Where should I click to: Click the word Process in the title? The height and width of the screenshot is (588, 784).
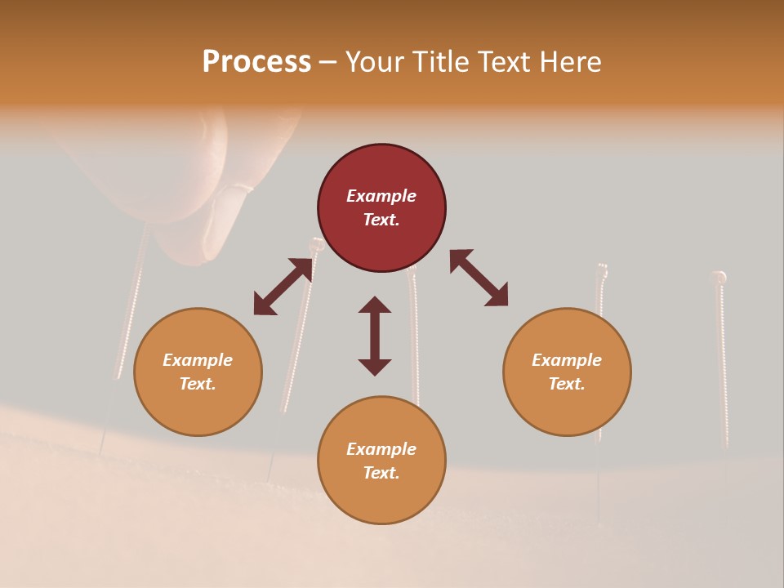click(x=256, y=62)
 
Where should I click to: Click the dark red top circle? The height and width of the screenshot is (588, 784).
click(x=381, y=207)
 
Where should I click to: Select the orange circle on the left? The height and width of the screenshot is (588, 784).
click(x=198, y=372)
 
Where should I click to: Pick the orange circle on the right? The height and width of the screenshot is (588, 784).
click(x=567, y=372)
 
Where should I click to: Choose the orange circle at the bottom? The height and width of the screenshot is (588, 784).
click(x=381, y=460)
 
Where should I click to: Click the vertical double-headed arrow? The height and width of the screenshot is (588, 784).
click(x=375, y=336)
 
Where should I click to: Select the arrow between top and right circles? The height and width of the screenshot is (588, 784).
click(x=479, y=278)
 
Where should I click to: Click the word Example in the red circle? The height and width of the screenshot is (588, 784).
click(x=381, y=196)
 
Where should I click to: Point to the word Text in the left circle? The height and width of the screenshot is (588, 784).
click(x=198, y=384)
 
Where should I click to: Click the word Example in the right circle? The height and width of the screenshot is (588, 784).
click(x=567, y=360)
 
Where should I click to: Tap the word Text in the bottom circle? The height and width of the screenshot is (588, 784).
click(x=381, y=473)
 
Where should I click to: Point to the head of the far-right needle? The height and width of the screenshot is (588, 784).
click(x=719, y=277)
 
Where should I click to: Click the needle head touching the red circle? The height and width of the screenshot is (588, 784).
click(x=314, y=244)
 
